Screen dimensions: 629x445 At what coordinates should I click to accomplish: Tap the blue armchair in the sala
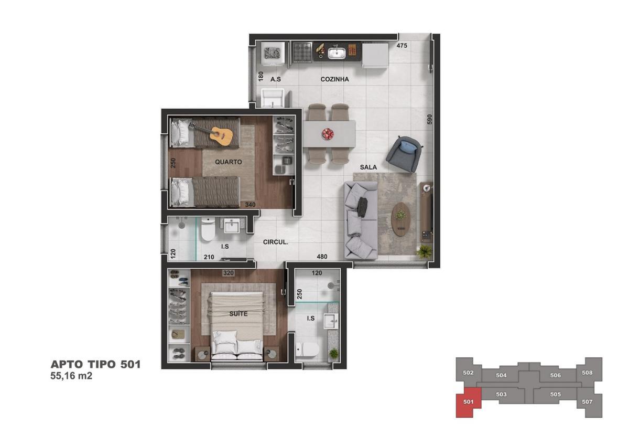[x=404, y=154]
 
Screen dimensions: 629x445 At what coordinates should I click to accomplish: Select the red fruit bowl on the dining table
[x=328, y=134]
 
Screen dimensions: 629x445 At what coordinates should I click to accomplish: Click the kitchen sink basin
[x=337, y=53]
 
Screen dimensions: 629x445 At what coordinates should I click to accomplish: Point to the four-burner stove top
[x=302, y=52]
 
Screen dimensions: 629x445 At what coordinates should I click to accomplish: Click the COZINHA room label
[x=335, y=79]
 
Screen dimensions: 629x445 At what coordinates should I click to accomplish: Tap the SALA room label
[x=368, y=167]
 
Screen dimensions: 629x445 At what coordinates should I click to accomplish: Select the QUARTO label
[x=229, y=162]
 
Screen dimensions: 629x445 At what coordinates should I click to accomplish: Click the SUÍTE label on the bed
[x=238, y=314]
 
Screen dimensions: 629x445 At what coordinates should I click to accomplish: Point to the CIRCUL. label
[x=276, y=242]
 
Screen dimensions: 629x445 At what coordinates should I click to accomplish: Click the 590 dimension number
[x=429, y=119]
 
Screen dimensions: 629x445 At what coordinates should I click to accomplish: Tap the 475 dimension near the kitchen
[x=402, y=46]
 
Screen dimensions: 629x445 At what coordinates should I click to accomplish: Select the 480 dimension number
[x=322, y=257]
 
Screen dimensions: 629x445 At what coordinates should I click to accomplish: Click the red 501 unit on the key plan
[x=469, y=402]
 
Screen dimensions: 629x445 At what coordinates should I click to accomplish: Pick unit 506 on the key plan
[x=555, y=375]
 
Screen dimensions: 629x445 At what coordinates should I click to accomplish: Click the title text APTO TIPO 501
[x=95, y=364]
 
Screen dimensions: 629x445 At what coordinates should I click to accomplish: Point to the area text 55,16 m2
[x=71, y=376]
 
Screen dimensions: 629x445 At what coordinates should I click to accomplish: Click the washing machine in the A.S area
[x=273, y=54]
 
